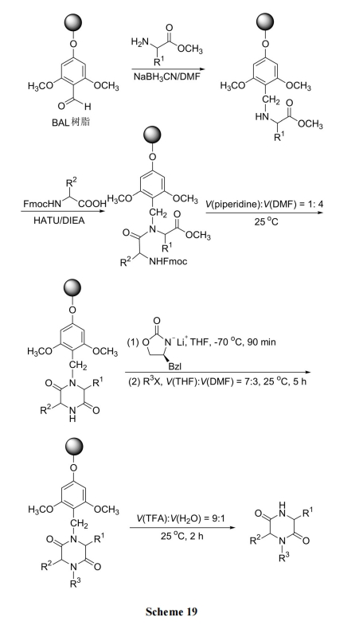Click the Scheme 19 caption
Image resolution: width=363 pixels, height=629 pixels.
171,611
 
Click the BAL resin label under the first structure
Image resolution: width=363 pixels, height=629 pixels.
71,122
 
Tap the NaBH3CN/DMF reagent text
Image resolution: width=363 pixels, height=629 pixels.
167,76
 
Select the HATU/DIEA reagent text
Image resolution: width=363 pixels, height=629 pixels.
60,221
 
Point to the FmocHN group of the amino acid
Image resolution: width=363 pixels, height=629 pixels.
42,204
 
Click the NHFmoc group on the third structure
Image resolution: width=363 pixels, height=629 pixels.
168,262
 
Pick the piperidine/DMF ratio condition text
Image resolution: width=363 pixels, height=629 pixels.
264,205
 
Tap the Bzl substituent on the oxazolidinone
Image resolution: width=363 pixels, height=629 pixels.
174,366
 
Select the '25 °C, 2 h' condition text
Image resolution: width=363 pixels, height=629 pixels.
181,536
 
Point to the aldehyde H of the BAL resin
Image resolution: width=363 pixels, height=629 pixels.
88,107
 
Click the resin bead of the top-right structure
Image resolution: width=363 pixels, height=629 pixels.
266,21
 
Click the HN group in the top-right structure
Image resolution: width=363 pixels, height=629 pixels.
261,116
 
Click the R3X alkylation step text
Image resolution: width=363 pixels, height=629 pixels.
217,381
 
